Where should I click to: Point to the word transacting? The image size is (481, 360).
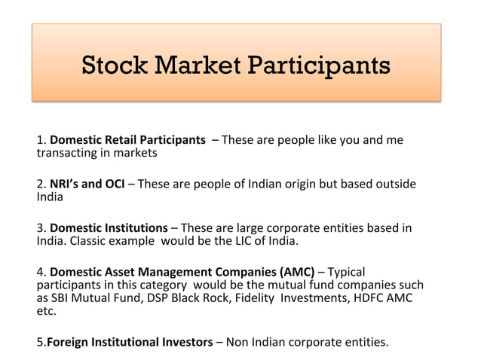(67, 154)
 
